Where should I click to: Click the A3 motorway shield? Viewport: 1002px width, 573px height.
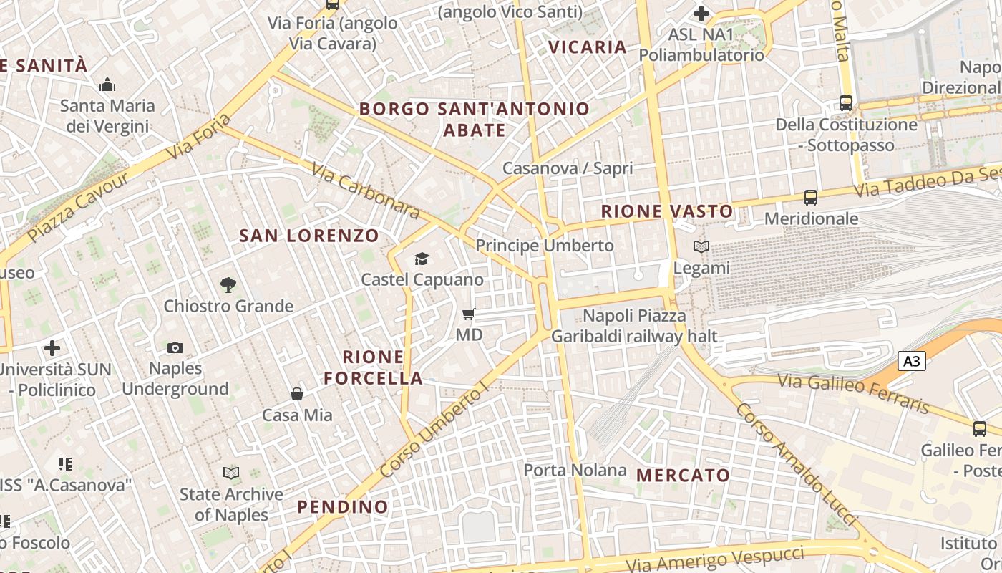[x=912, y=362]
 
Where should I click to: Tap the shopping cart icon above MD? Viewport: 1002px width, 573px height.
[x=469, y=314]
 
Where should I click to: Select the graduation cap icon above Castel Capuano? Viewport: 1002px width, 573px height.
[x=422, y=259]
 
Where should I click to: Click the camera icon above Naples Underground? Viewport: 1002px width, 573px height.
[x=175, y=348]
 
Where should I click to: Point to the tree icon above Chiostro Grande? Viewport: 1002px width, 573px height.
[x=228, y=285]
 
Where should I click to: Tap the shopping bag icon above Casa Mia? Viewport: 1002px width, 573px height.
[x=297, y=394]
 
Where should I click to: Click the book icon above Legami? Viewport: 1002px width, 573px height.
[x=701, y=247]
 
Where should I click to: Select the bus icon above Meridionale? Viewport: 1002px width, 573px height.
[x=811, y=198]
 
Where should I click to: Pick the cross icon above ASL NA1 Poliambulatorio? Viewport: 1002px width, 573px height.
[x=701, y=14]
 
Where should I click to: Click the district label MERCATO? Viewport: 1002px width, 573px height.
[x=683, y=475]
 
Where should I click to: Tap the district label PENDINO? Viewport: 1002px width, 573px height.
[x=343, y=507]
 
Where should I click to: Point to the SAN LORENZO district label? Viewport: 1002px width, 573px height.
[x=309, y=236]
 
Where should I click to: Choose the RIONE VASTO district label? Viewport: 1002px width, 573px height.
[x=667, y=211]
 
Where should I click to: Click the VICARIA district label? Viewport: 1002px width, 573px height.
[x=587, y=47]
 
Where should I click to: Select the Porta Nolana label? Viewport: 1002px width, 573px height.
[x=575, y=471]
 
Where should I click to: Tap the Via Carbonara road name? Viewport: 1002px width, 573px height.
[x=366, y=189]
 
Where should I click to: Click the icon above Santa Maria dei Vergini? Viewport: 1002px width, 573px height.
[x=107, y=85]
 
